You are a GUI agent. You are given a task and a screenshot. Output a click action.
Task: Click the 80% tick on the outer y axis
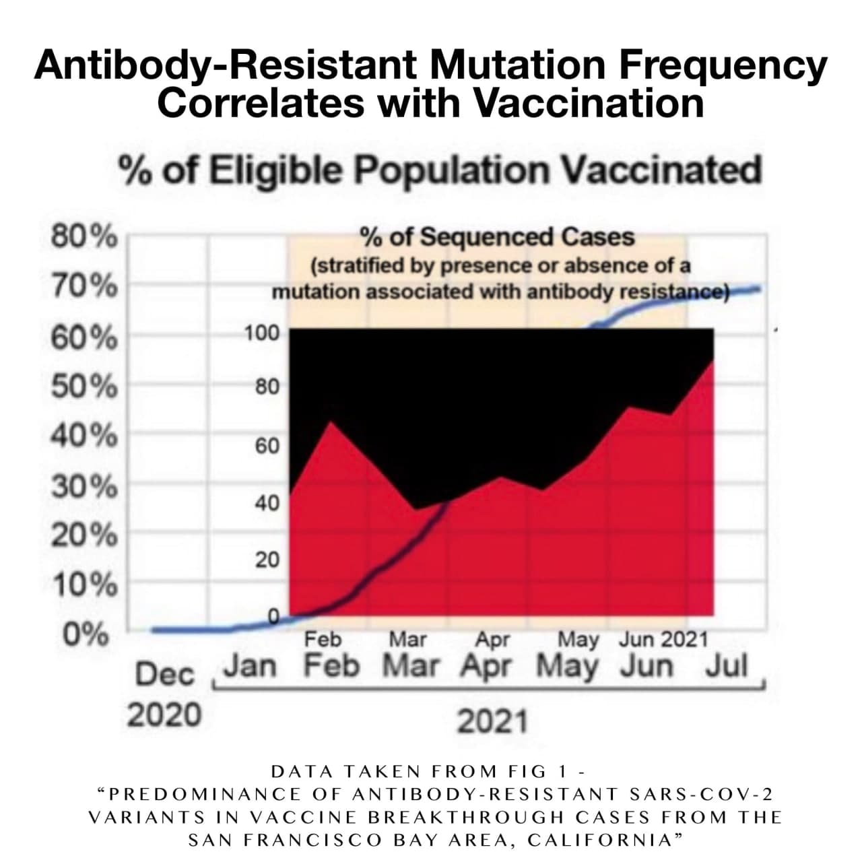tap(84, 238)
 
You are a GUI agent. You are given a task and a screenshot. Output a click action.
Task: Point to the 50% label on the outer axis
tap(84, 387)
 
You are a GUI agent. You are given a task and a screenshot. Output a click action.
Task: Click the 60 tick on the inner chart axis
tap(267, 445)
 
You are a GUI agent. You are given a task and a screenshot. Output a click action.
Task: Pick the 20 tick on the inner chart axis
tap(267, 559)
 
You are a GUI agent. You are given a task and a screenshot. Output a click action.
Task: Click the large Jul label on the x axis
tap(727, 666)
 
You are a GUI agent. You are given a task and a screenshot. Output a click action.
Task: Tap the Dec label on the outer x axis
tap(164, 673)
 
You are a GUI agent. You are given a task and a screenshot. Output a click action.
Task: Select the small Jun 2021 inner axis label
tap(663, 638)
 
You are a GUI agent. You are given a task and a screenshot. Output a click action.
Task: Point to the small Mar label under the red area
tap(407, 638)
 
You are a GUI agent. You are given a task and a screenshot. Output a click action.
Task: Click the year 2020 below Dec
tap(164, 714)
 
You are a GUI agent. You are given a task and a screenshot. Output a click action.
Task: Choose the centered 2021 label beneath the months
tap(492, 722)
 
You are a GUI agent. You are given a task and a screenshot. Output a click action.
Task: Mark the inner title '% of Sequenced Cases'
tap(497, 237)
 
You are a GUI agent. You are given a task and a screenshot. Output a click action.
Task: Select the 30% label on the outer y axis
tap(84, 487)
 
